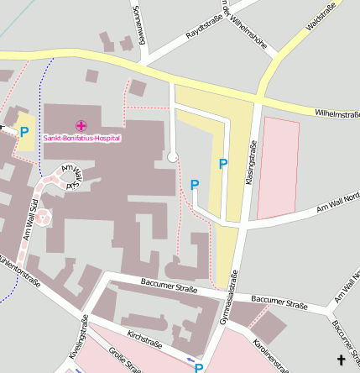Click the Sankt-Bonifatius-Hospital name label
pyautogui.click(x=82, y=138)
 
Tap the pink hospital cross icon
pyautogui.click(x=81, y=125)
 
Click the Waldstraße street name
pyautogui.click(x=321, y=16)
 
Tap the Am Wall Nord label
pyautogui.click(x=337, y=201)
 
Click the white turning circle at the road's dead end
pyautogui.click(x=172, y=156)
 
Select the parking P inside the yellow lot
pyautogui.click(x=223, y=165)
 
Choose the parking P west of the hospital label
pyautogui.click(x=24, y=132)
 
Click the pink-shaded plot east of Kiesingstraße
pyautogui.click(x=277, y=168)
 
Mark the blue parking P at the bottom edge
pyautogui.click(x=199, y=367)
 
